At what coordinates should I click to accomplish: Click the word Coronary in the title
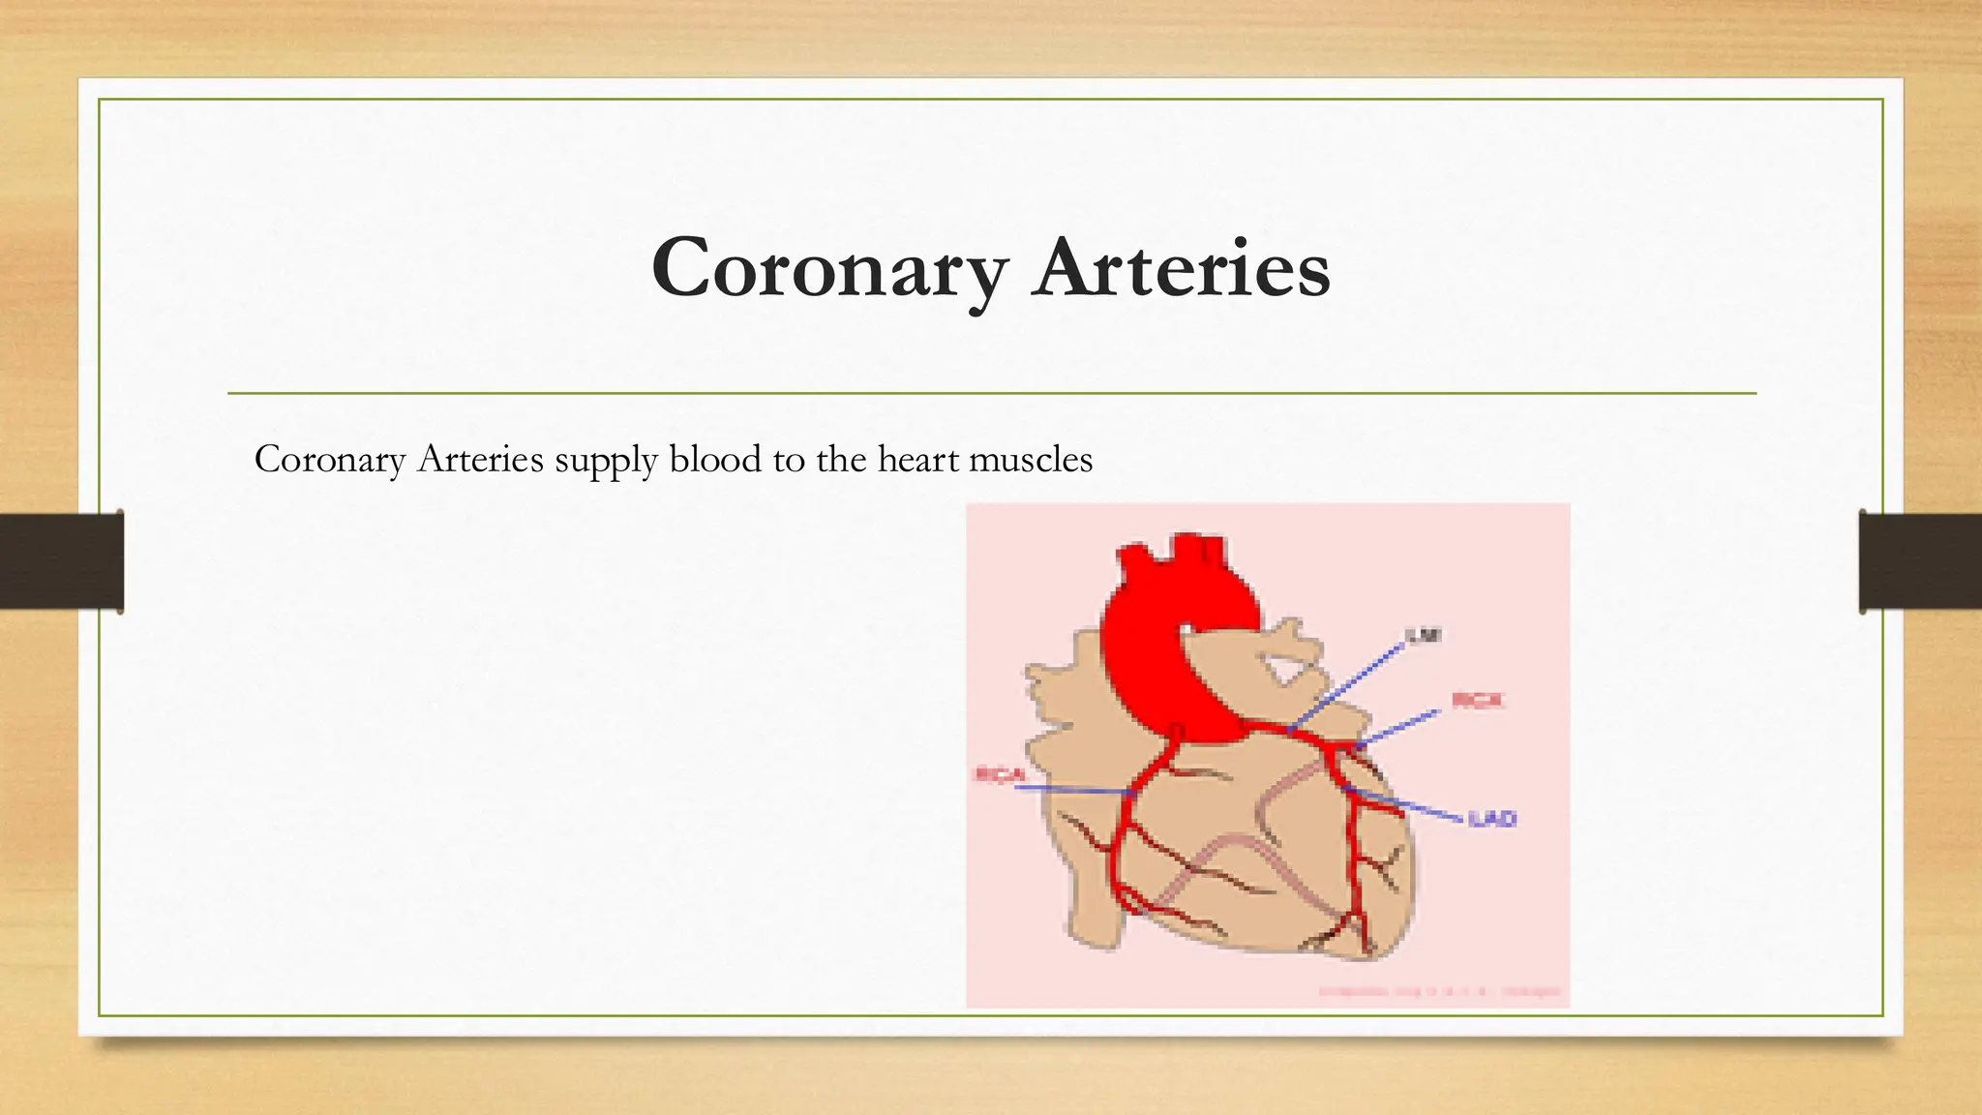pyautogui.click(x=829, y=269)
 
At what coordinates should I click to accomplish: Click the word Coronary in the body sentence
pyautogui.click(x=329, y=459)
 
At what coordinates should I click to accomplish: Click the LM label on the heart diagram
pyautogui.click(x=1424, y=636)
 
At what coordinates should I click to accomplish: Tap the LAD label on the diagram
pyautogui.click(x=1491, y=819)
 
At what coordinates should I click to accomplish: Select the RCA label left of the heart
pyautogui.click(x=999, y=774)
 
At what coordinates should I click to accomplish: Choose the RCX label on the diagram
pyautogui.click(x=1477, y=700)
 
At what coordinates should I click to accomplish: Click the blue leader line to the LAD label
pyautogui.click(x=1408, y=806)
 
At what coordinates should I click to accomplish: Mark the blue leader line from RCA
pyautogui.click(x=1074, y=790)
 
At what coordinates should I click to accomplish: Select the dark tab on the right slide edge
pyautogui.click(x=1920, y=561)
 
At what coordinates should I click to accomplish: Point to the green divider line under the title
pyautogui.click(x=991, y=394)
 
